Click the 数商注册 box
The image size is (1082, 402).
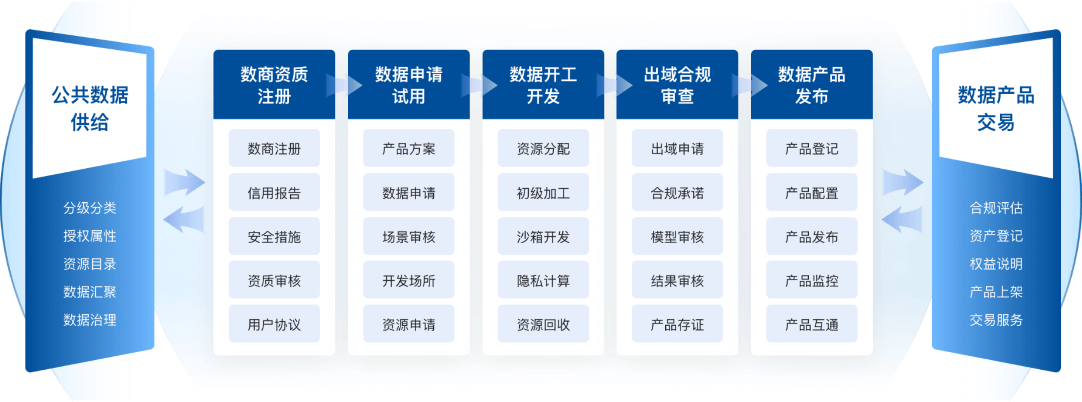tap(274, 148)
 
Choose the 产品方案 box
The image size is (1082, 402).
tap(409, 148)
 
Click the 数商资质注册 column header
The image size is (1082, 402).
tap(274, 85)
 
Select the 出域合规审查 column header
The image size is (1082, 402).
tap(677, 85)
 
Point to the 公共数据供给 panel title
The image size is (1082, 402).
tap(90, 109)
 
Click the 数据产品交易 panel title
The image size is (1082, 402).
tap(996, 109)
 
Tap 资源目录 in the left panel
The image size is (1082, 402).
tap(90, 264)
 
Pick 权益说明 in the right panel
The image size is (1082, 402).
tap(996, 264)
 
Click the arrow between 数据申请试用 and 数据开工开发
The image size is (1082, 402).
tap(479, 85)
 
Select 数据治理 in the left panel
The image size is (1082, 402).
tap(90, 320)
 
